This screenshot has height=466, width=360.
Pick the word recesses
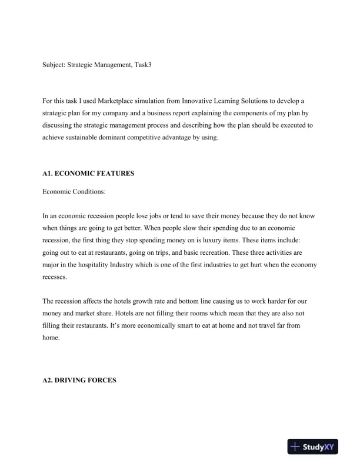(55, 276)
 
